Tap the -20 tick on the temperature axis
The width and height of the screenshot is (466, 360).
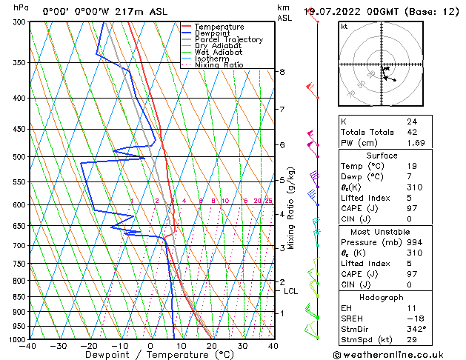coord(89,345)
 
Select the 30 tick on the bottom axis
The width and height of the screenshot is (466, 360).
coord(242,345)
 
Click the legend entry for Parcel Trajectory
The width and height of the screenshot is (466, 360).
coord(227,40)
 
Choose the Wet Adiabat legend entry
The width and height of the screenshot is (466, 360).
coord(219,53)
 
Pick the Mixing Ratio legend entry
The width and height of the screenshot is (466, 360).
coord(219,65)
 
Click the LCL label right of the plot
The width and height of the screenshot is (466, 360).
coord(290,291)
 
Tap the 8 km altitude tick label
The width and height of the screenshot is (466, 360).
coord(282,72)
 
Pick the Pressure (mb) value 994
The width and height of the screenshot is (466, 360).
coord(413,241)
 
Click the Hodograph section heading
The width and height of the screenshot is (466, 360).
coord(382,296)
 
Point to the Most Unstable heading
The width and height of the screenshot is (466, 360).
coord(382,231)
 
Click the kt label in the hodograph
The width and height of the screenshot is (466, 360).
coord(344,26)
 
